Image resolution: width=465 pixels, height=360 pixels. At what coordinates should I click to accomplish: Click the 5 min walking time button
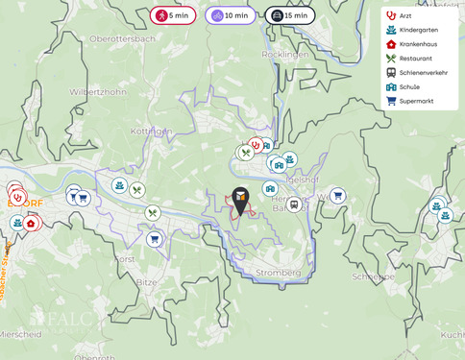pyautogui.click(x=173, y=15)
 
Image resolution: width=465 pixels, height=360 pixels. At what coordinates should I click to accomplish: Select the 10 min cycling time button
pyautogui.click(x=230, y=15)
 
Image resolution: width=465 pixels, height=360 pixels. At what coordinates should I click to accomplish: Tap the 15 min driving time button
pyautogui.click(x=289, y=15)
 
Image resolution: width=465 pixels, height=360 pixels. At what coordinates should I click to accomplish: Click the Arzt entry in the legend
pyautogui.click(x=404, y=15)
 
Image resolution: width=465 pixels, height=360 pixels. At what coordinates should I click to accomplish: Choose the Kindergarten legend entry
pyautogui.click(x=417, y=30)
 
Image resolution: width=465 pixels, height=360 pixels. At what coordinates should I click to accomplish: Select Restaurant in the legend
pyautogui.click(x=414, y=59)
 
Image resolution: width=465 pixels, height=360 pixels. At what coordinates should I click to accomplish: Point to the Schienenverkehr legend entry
pyautogui.click(x=422, y=72)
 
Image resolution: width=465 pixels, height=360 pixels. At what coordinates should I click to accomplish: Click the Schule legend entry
pyautogui.click(x=408, y=86)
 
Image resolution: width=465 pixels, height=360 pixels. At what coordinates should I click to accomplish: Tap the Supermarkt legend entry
pyautogui.click(x=415, y=101)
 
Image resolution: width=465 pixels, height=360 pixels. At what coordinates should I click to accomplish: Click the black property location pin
pyautogui.click(x=240, y=199)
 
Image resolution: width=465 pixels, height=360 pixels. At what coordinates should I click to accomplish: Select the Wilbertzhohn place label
pyautogui.click(x=98, y=92)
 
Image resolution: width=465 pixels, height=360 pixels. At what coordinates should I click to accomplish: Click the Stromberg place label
pyautogui.click(x=278, y=273)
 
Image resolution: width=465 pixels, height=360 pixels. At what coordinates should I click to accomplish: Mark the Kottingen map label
pyautogui.click(x=151, y=132)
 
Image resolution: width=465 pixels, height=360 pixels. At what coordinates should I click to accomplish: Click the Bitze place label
pyautogui.click(x=146, y=283)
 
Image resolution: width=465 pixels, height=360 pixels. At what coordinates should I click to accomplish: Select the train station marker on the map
pyautogui.click(x=294, y=204)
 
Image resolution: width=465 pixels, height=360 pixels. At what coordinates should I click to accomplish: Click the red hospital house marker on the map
pyautogui.click(x=31, y=224)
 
